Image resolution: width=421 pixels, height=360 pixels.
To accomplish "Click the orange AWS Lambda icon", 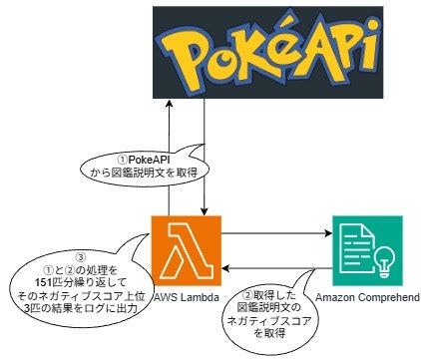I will tap(186, 248).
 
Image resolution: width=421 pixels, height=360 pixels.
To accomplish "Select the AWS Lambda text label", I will tap(186, 296).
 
